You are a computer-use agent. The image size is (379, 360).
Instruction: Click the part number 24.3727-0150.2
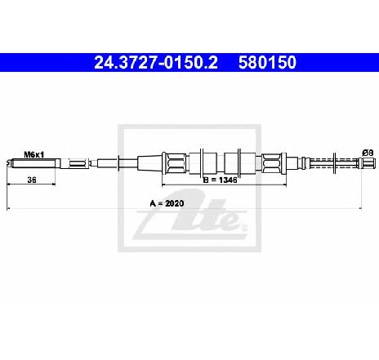(156, 62)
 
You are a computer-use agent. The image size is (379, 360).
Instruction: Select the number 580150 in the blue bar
(267, 62)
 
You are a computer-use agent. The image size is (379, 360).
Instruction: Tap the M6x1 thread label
(34, 155)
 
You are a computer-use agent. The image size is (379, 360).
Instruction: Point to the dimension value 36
(32, 180)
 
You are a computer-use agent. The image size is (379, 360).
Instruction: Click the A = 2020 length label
(167, 203)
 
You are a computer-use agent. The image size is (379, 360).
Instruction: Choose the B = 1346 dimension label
(221, 180)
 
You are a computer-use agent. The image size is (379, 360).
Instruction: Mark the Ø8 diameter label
(368, 153)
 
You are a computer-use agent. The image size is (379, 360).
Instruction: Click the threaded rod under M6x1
(33, 163)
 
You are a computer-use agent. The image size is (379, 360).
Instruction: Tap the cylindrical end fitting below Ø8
(368, 163)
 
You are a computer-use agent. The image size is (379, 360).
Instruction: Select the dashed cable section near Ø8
(335, 163)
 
